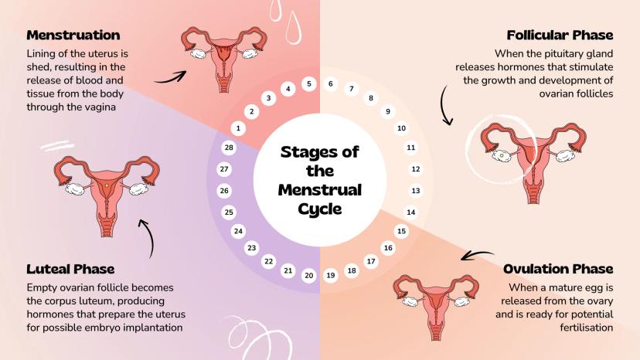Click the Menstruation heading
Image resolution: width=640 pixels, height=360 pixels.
click(73, 35)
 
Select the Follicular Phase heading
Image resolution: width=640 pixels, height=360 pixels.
click(560, 35)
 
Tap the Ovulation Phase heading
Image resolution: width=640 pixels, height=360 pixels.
click(557, 269)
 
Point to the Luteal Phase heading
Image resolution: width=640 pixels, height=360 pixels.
click(70, 269)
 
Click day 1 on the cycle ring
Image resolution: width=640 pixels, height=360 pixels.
click(239, 127)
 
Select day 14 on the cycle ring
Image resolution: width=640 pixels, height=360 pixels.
click(411, 212)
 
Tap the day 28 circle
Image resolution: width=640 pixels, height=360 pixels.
click(228, 148)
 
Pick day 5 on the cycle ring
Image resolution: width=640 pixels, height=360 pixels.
click(308, 83)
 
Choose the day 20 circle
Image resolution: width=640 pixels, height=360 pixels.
click(308, 275)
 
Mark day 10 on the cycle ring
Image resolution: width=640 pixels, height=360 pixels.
click(401, 128)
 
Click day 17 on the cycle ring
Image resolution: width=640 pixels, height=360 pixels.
click(370, 262)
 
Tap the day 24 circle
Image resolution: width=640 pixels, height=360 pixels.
click(238, 231)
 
